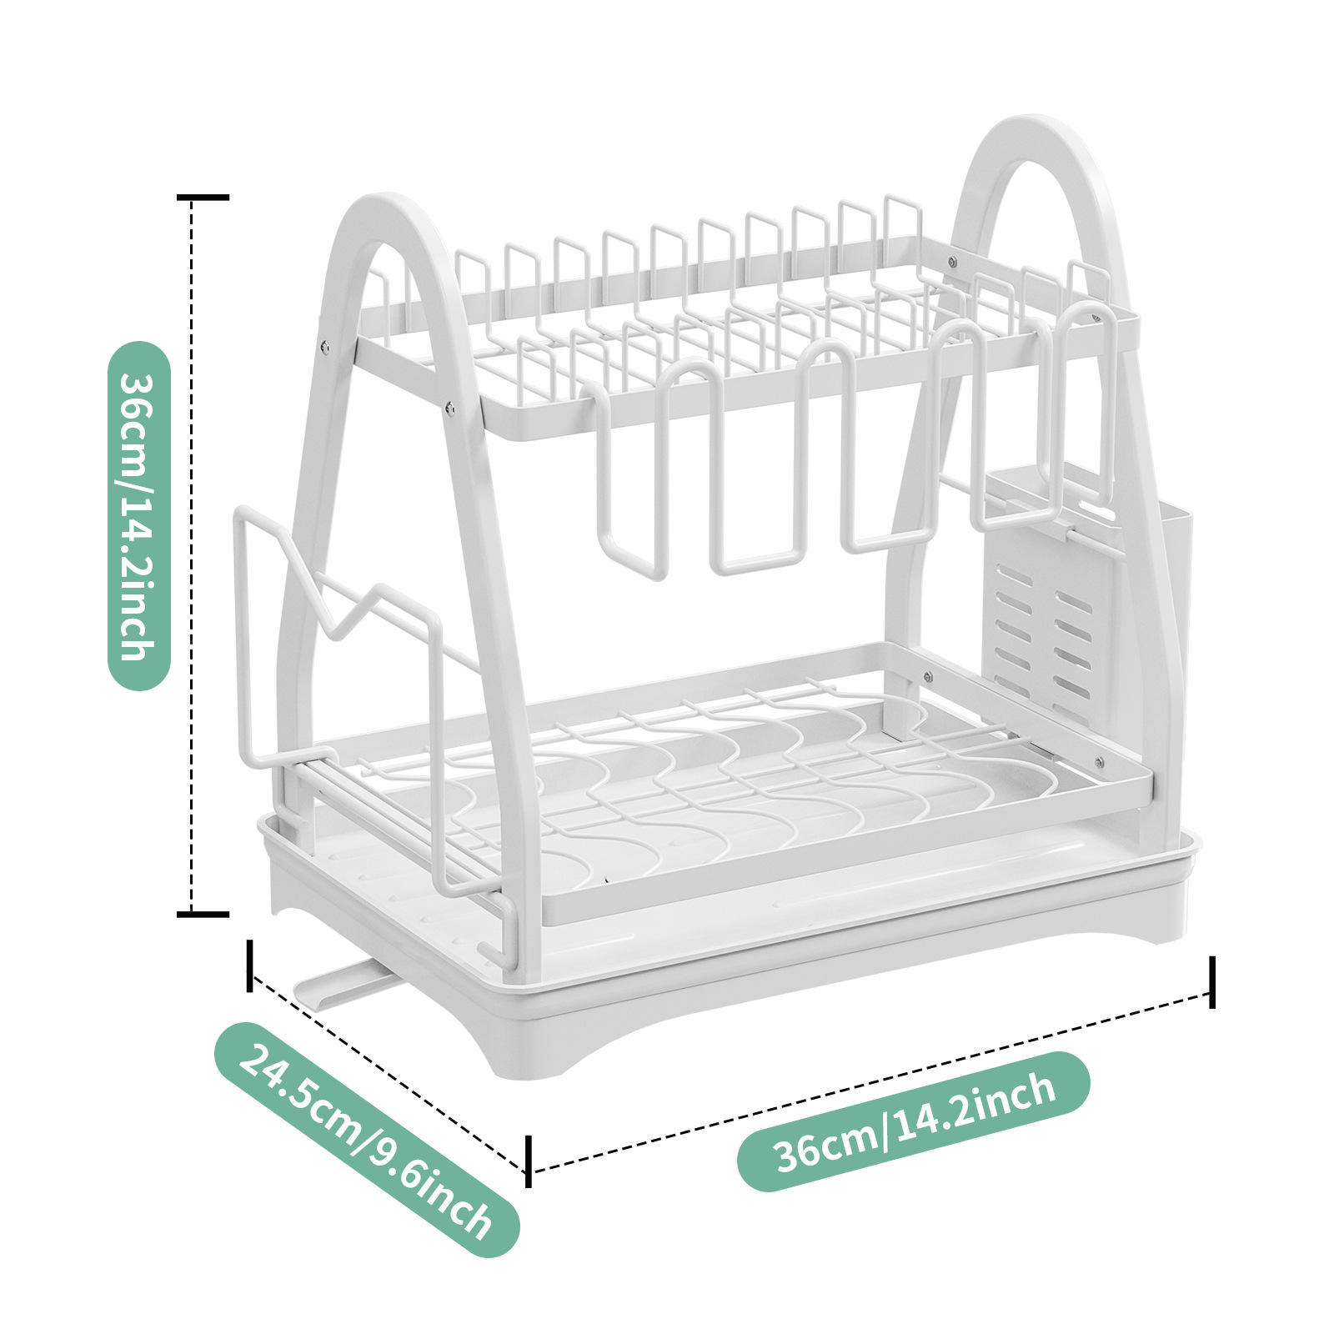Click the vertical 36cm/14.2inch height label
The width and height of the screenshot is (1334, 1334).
pyautogui.click(x=139, y=516)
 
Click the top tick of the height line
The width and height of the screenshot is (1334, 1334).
pyautogui.click(x=203, y=198)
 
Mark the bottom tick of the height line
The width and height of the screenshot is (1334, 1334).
pyautogui.click(x=203, y=915)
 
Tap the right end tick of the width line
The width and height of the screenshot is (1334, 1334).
pyautogui.click(x=1211, y=982)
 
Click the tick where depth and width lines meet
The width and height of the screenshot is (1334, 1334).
pyautogui.click(x=528, y=1161)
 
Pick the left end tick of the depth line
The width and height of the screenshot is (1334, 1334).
pyautogui.click(x=249, y=965)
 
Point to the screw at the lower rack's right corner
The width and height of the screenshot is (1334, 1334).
pyautogui.click(x=1099, y=762)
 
